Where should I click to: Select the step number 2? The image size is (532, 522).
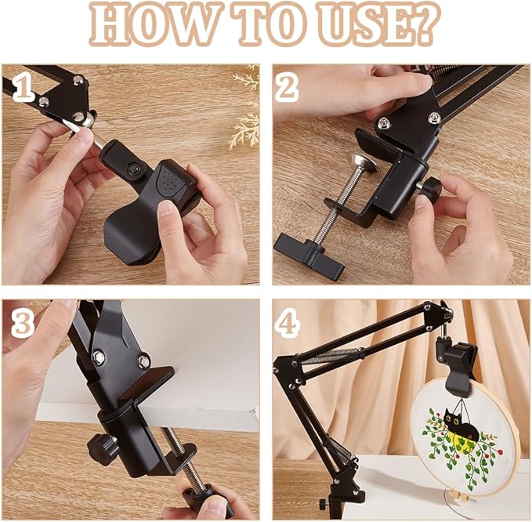coord(287,89)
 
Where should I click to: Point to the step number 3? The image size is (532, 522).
coord(23,323)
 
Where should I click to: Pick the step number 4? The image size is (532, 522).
coord(288,323)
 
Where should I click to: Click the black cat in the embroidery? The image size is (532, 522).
coord(461,423)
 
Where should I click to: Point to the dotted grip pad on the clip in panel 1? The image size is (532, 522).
coord(172,181)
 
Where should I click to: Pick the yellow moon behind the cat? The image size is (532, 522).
coord(463,438)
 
